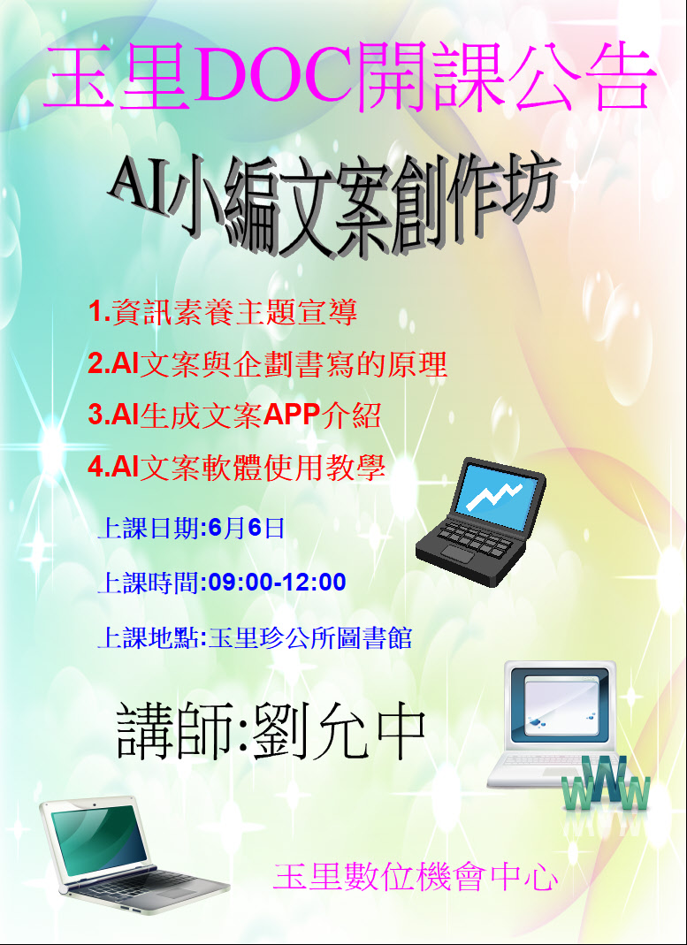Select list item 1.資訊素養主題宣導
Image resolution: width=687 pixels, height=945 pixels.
coord(223,314)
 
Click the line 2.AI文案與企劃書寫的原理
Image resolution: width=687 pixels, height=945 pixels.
coord(268,365)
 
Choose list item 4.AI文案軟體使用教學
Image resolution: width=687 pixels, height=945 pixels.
coord(237,469)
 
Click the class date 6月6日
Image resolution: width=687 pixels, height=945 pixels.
coord(245,529)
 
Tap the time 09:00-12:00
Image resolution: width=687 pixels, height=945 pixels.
coord(278,583)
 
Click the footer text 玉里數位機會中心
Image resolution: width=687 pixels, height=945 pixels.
coord(416,877)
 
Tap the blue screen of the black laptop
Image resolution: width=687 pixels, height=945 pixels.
coord(493,495)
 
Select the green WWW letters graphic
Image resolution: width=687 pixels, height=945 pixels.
coord(606,783)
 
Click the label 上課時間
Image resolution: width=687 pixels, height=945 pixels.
coord(149,583)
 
